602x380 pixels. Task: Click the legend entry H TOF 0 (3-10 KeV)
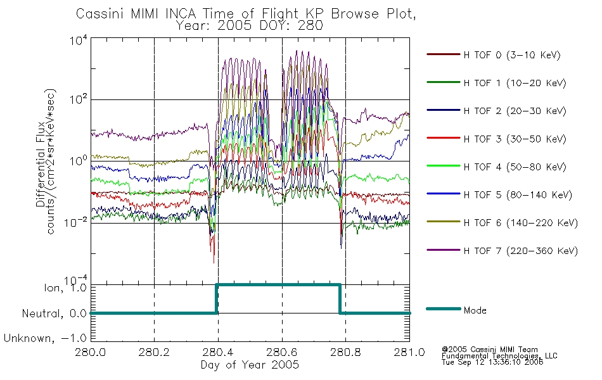pyautogui.click(x=512, y=55)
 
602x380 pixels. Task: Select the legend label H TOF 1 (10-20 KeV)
pyautogui.click(x=515, y=83)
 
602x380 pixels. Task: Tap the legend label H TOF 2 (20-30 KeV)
pyautogui.click(x=515, y=111)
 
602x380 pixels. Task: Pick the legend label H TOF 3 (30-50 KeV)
pyautogui.click(x=515, y=139)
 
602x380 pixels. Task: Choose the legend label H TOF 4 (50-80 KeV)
pyautogui.click(x=515, y=167)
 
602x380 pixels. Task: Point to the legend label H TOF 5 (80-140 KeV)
pyautogui.click(x=518, y=195)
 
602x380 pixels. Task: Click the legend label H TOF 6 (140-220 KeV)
pyautogui.click(x=520, y=223)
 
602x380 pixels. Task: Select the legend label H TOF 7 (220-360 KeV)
pyautogui.click(x=520, y=251)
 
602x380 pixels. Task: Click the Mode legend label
pyautogui.click(x=475, y=310)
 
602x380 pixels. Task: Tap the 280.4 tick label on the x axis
pyautogui.click(x=218, y=352)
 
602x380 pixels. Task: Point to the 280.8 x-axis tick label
pyautogui.click(x=345, y=352)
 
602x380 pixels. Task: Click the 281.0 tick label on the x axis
pyautogui.click(x=409, y=352)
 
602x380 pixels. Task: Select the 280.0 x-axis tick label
pyautogui.click(x=91, y=352)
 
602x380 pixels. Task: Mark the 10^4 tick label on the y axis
pyautogui.click(x=79, y=41)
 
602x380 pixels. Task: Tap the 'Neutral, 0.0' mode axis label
pyautogui.click(x=54, y=313)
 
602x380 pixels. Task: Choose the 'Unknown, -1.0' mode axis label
pyautogui.click(x=45, y=338)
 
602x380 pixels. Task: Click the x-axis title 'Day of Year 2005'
pyautogui.click(x=250, y=365)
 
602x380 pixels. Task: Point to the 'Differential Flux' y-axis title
pyautogui.click(x=41, y=164)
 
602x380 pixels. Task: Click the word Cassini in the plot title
pyautogui.click(x=101, y=14)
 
